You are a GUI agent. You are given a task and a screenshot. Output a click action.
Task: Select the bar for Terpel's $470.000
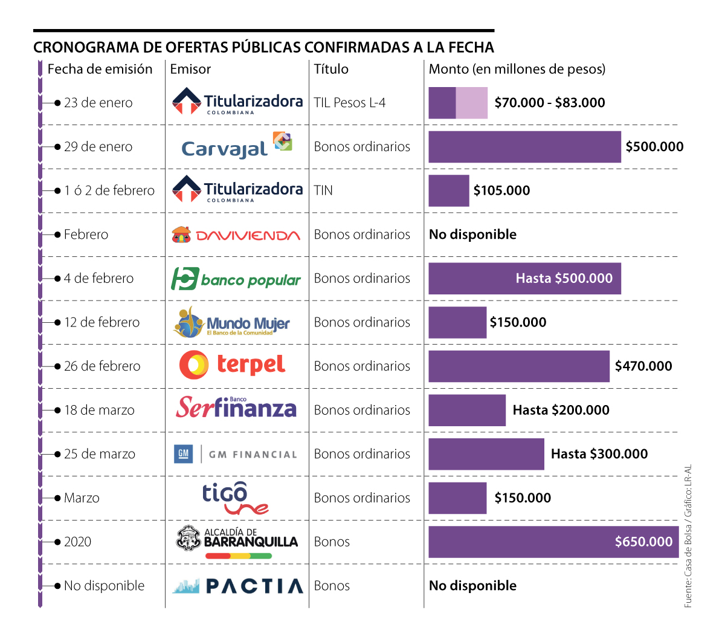click(x=519, y=366)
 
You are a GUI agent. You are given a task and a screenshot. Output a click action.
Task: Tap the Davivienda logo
click(x=236, y=235)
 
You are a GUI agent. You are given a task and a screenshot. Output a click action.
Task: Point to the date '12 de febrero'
click(x=101, y=322)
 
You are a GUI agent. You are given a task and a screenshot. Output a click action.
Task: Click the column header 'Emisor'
click(x=190, y=69)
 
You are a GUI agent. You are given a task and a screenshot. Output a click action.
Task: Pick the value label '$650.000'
click(x=643, y=542)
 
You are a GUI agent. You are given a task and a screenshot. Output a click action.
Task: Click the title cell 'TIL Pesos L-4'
click(x=349, y=103)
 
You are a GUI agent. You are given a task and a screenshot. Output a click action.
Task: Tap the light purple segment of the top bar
click(x=472, y=103)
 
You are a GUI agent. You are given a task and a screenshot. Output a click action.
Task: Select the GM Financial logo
click(x=236, y=454)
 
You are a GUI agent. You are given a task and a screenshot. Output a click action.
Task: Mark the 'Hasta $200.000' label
click(x=561, y=410)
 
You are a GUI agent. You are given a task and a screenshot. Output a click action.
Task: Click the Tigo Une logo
click(x=234, y=498)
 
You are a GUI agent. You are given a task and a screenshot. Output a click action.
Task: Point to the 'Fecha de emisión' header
click(x=100, y=69)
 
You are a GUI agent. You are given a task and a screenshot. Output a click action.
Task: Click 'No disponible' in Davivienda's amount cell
click(x=472, y=235)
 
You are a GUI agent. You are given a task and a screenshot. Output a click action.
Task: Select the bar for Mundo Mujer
click(x=457, y=322)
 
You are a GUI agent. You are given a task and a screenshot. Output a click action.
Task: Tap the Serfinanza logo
click(x=236, y=408)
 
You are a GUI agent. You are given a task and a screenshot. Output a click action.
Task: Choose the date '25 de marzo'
click(x=100, y=454)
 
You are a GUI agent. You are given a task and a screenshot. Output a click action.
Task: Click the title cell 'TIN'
click(x=323, y=190)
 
